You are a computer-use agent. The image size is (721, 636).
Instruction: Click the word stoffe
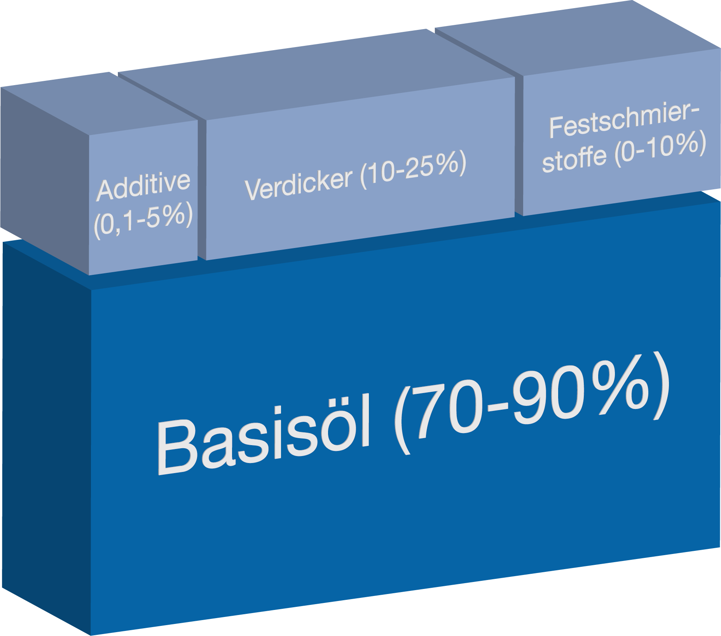(x=574, y=159)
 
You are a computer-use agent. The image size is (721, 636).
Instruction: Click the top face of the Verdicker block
(x=317, y=74)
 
